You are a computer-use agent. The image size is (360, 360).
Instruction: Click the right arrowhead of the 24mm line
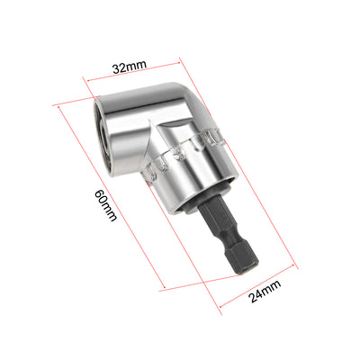click(295, 266)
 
